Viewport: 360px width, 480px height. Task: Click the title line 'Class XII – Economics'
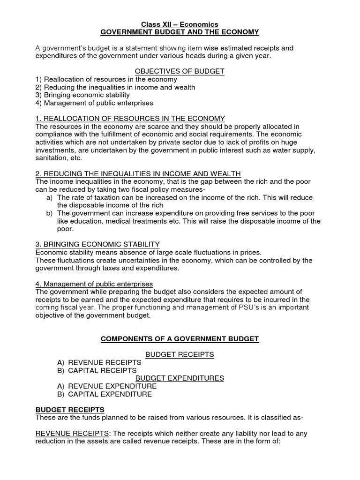click(x=180, y=24)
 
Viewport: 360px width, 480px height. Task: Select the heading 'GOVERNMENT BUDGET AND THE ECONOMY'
click(x=180, y=31)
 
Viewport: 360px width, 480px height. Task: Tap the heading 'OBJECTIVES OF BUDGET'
click(x=180, y=71)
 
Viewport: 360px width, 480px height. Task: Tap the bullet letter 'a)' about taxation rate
click(x=49, y=197)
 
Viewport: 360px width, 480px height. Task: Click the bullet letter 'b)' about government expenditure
click(x=49, y=213)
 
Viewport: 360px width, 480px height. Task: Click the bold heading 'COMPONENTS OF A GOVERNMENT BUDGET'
click(x=180, y=339)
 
